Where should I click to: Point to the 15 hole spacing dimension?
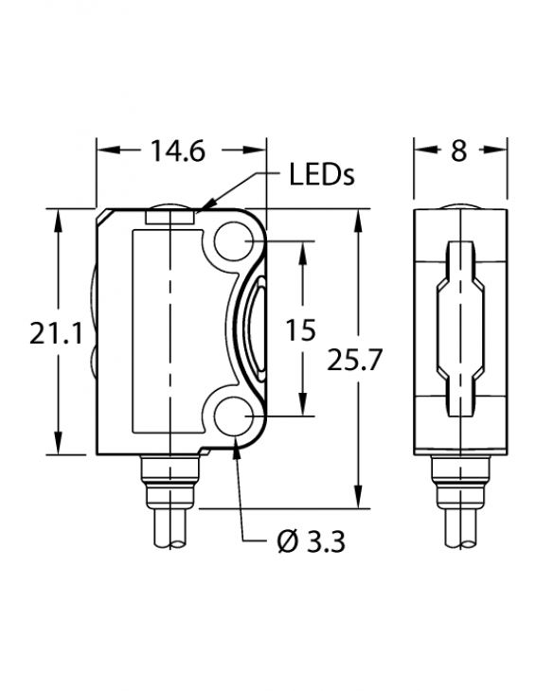tap(300, 329)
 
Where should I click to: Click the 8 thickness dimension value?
tap(459, 151)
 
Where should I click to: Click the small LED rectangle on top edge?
tap(170, 218)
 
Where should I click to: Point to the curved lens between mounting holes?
tap(253, 330)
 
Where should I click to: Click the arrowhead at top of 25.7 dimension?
tap(358, 220)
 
